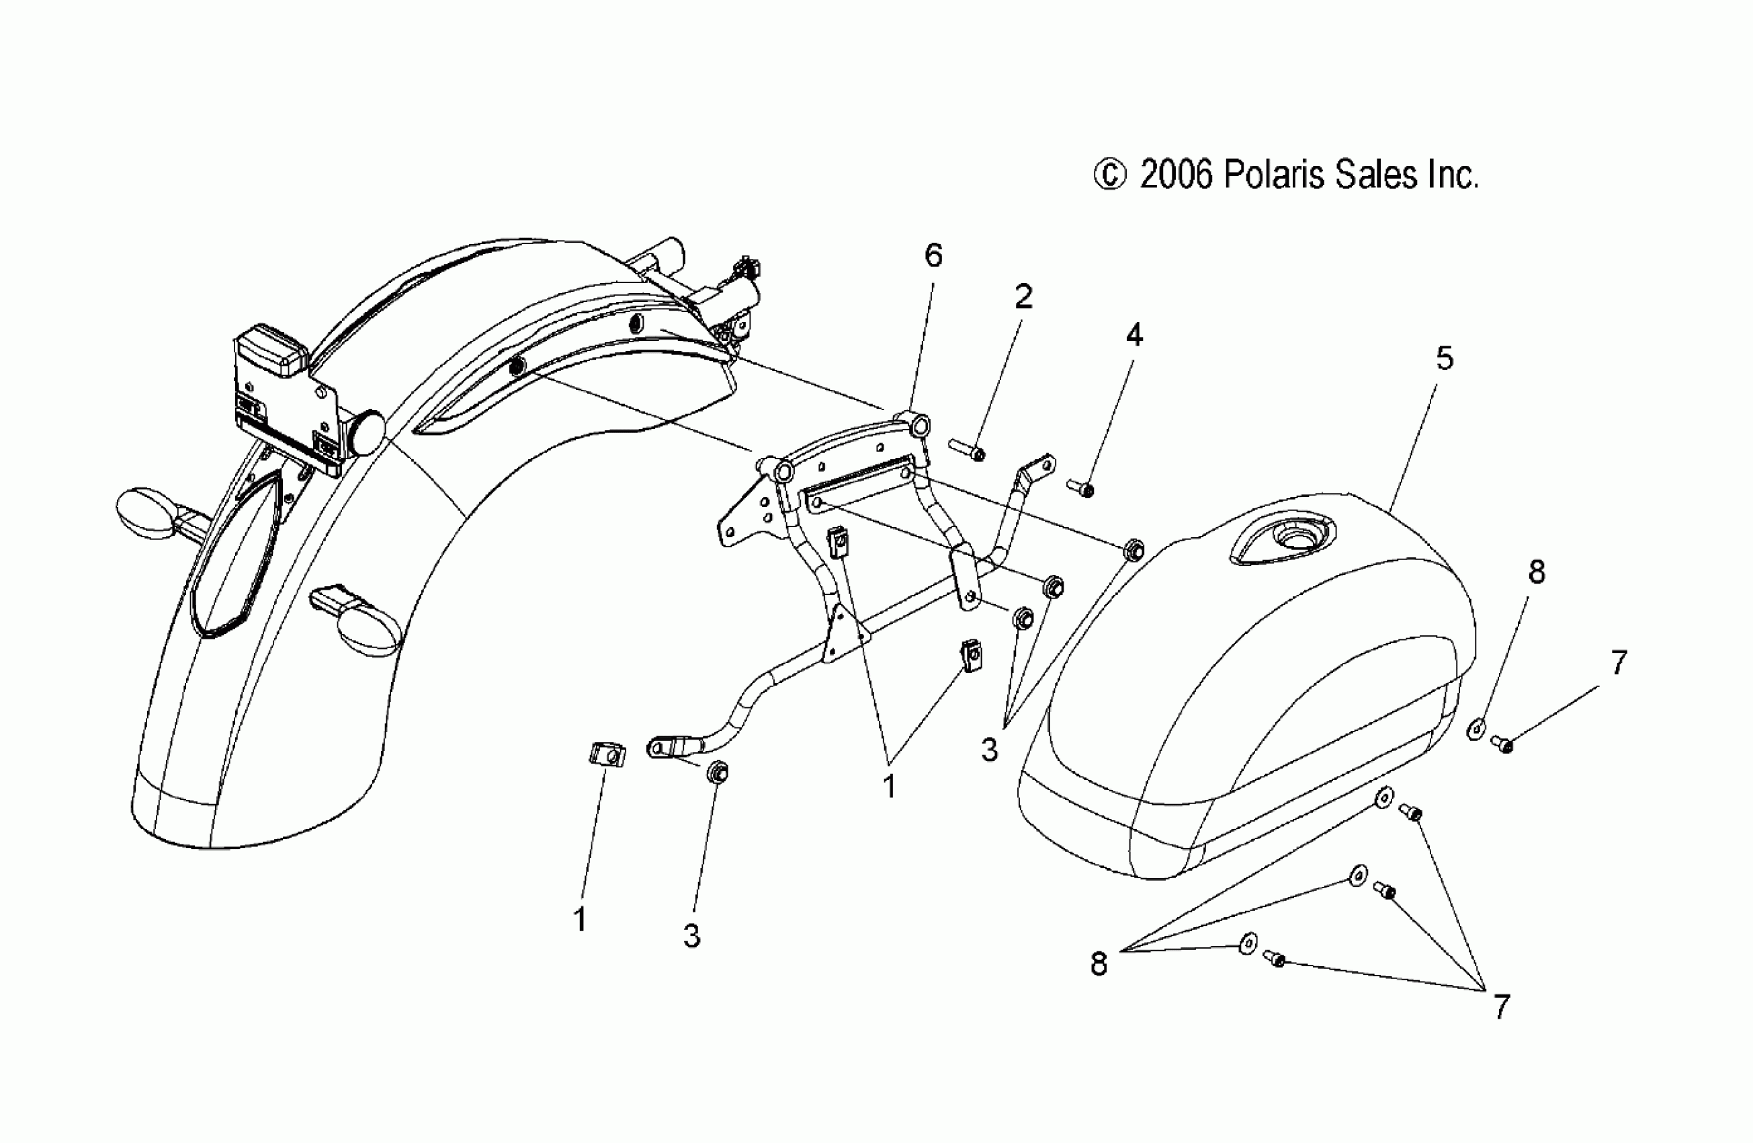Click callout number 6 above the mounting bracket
point(933,255)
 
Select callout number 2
point(1024,297)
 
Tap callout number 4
point(1134,336)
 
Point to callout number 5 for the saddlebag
point(1445,359)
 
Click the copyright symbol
point(1110,176)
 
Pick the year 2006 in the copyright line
point(1177,176)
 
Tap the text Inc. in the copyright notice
point(1453,176)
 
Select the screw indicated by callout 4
point(1080,487)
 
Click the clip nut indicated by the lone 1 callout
point(607,754)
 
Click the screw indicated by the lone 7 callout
point(1500,744)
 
